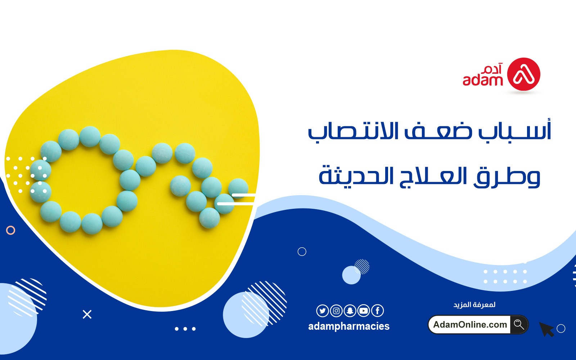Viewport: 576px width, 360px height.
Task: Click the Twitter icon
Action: (x=323, y=311)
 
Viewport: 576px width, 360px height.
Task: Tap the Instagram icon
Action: (x=336, y=311)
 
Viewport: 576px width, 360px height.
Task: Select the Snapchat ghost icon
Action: (x=350, y=311)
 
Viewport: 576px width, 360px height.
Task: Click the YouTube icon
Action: (x=364, y=311)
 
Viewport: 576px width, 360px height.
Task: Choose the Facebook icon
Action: (x=378, y=311)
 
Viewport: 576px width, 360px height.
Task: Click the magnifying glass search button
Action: (x=519, y=324)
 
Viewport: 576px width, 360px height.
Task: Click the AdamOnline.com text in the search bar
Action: (x=470, y=324)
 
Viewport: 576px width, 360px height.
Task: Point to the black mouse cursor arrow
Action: (x=546, y=329)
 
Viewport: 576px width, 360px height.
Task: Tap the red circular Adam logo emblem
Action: (x=523, y=74)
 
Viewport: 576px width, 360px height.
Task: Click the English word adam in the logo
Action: (x=483, y=80)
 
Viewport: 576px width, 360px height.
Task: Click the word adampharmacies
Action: (x=349, y=327)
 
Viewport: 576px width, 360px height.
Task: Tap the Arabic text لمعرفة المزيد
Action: (x=474, y=305)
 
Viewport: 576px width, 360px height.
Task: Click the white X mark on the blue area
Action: (x=87, y=315)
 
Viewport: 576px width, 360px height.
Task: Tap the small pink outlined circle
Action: (x=10, y=230)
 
